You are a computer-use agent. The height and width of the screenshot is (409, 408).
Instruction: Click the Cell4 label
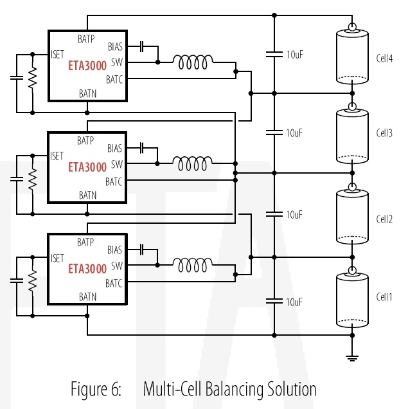(x=385, y=59)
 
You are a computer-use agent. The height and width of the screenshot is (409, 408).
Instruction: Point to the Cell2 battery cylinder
(x=353, y=217)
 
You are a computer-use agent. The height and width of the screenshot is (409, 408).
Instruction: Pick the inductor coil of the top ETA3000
(x=193, y=62)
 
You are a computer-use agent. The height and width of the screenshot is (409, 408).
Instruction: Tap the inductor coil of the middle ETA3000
(x=193, y=164)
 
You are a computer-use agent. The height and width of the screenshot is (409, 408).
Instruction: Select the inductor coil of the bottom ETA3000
(x=193, y=264)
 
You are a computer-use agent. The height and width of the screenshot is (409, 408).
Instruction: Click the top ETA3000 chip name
(x=87, y=66)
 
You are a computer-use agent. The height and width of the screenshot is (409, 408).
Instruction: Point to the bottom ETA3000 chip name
(x=87, y=268)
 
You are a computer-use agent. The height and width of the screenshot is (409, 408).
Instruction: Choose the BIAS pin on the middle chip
(x=114, y=149)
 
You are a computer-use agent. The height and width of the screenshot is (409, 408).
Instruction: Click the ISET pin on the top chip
(x=58, y=54)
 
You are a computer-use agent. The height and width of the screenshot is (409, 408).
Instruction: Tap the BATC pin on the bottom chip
(x=114, y=283)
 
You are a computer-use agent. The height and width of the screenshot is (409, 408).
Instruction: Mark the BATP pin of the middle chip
(x=86, y=140)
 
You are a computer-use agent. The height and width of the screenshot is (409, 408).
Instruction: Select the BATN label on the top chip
(x=88, y=93)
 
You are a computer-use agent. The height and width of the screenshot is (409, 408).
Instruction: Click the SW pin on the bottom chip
(x=117, y=266)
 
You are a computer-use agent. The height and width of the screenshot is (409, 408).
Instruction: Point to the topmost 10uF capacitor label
(x=294, y=54)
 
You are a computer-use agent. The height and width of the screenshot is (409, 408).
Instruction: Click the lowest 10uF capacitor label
(x=294, y=301)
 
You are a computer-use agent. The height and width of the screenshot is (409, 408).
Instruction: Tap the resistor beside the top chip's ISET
(x=33, y=78)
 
